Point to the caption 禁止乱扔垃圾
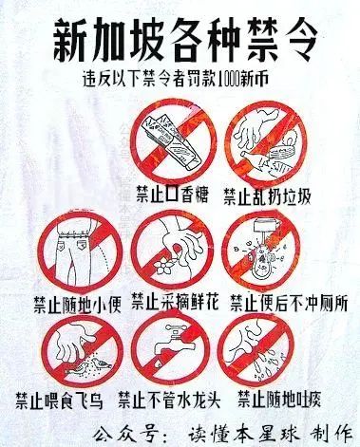(268, 196)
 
